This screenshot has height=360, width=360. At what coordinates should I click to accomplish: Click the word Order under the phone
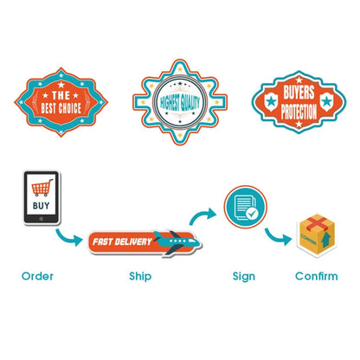(x=37, y=276)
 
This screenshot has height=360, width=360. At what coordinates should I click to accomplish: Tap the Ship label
(x=140, y=276)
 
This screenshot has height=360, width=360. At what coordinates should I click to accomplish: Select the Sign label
(x=244, y=276)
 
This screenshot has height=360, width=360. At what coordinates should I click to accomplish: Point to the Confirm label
(x=317, y=276)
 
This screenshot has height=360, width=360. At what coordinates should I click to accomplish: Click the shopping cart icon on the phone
(x=42, y=188)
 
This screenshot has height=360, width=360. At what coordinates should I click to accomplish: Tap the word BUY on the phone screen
(x=42, y=206)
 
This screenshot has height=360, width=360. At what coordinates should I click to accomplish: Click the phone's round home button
(x=41, y=219)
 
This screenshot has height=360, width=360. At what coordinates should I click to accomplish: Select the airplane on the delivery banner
(x=177, y=241)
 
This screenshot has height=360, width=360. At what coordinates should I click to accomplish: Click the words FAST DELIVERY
(x=122, y=241)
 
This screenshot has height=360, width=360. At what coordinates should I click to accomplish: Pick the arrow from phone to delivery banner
(x=67, y=238)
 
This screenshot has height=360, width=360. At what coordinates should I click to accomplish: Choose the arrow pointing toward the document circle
(x=202, y=215)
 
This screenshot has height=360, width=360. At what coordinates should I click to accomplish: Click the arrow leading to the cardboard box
(x=276, y=236)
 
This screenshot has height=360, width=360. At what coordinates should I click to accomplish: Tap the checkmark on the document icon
(x=252, y=214)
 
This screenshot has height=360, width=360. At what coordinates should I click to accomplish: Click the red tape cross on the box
(x=318, y=222)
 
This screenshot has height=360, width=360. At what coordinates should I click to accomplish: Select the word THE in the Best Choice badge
(x=61, y=95)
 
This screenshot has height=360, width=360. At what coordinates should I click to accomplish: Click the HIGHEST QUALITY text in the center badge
(x=180, y=102)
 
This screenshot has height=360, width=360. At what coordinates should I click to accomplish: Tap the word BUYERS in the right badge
(x=299, y=92)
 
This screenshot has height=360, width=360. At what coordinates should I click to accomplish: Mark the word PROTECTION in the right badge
(x=299, y=112)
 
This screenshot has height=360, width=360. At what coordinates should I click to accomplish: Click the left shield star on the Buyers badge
(x=271, y=101)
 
